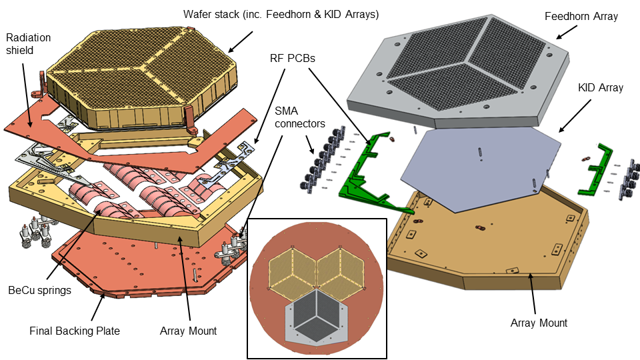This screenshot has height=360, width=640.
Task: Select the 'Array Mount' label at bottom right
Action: [539, 323]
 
